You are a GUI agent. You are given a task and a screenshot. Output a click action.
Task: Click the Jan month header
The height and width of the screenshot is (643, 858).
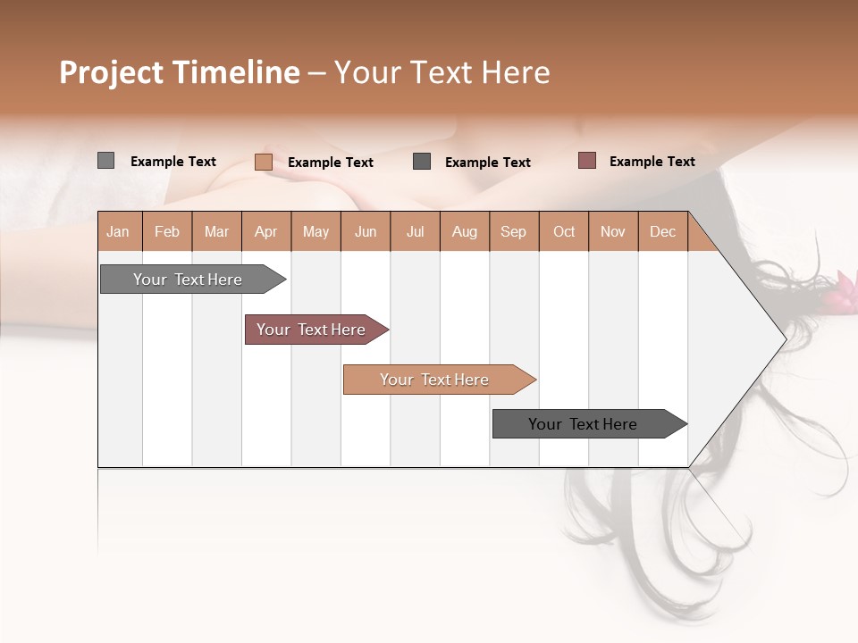tap(119, 231)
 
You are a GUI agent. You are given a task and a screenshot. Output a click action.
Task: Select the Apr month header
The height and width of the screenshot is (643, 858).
tap(266, 231)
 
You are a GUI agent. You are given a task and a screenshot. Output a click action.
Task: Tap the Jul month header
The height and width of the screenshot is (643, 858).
tap(415, 231)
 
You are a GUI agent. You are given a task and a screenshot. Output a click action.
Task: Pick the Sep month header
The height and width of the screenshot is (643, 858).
tap(513, 231)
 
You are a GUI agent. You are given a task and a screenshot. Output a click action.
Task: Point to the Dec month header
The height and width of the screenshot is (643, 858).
tap(662, 231)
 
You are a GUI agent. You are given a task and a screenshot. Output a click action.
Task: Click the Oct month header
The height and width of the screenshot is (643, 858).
tap(563, 231)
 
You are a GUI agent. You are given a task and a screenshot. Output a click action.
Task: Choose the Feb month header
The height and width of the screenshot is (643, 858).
tap(167, 231)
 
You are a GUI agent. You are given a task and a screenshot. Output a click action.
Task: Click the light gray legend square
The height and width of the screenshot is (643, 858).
tap(105, 161)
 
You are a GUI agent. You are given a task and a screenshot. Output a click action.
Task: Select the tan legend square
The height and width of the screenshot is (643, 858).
tap(263, 162)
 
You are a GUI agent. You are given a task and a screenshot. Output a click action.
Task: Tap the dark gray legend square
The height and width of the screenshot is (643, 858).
tap(422, 162)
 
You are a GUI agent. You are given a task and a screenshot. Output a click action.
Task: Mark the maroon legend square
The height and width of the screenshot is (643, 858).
tap(586, 161)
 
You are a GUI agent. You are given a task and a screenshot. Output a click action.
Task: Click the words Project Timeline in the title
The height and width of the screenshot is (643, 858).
tap(179, 72)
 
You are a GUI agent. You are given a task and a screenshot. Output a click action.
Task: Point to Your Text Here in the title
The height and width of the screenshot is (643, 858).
tap(442, 72)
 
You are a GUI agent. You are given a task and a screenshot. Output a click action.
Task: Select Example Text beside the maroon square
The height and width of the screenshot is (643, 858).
tap(652, 162)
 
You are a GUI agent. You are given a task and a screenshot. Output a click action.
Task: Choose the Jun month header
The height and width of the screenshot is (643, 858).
tap(366, 231)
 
